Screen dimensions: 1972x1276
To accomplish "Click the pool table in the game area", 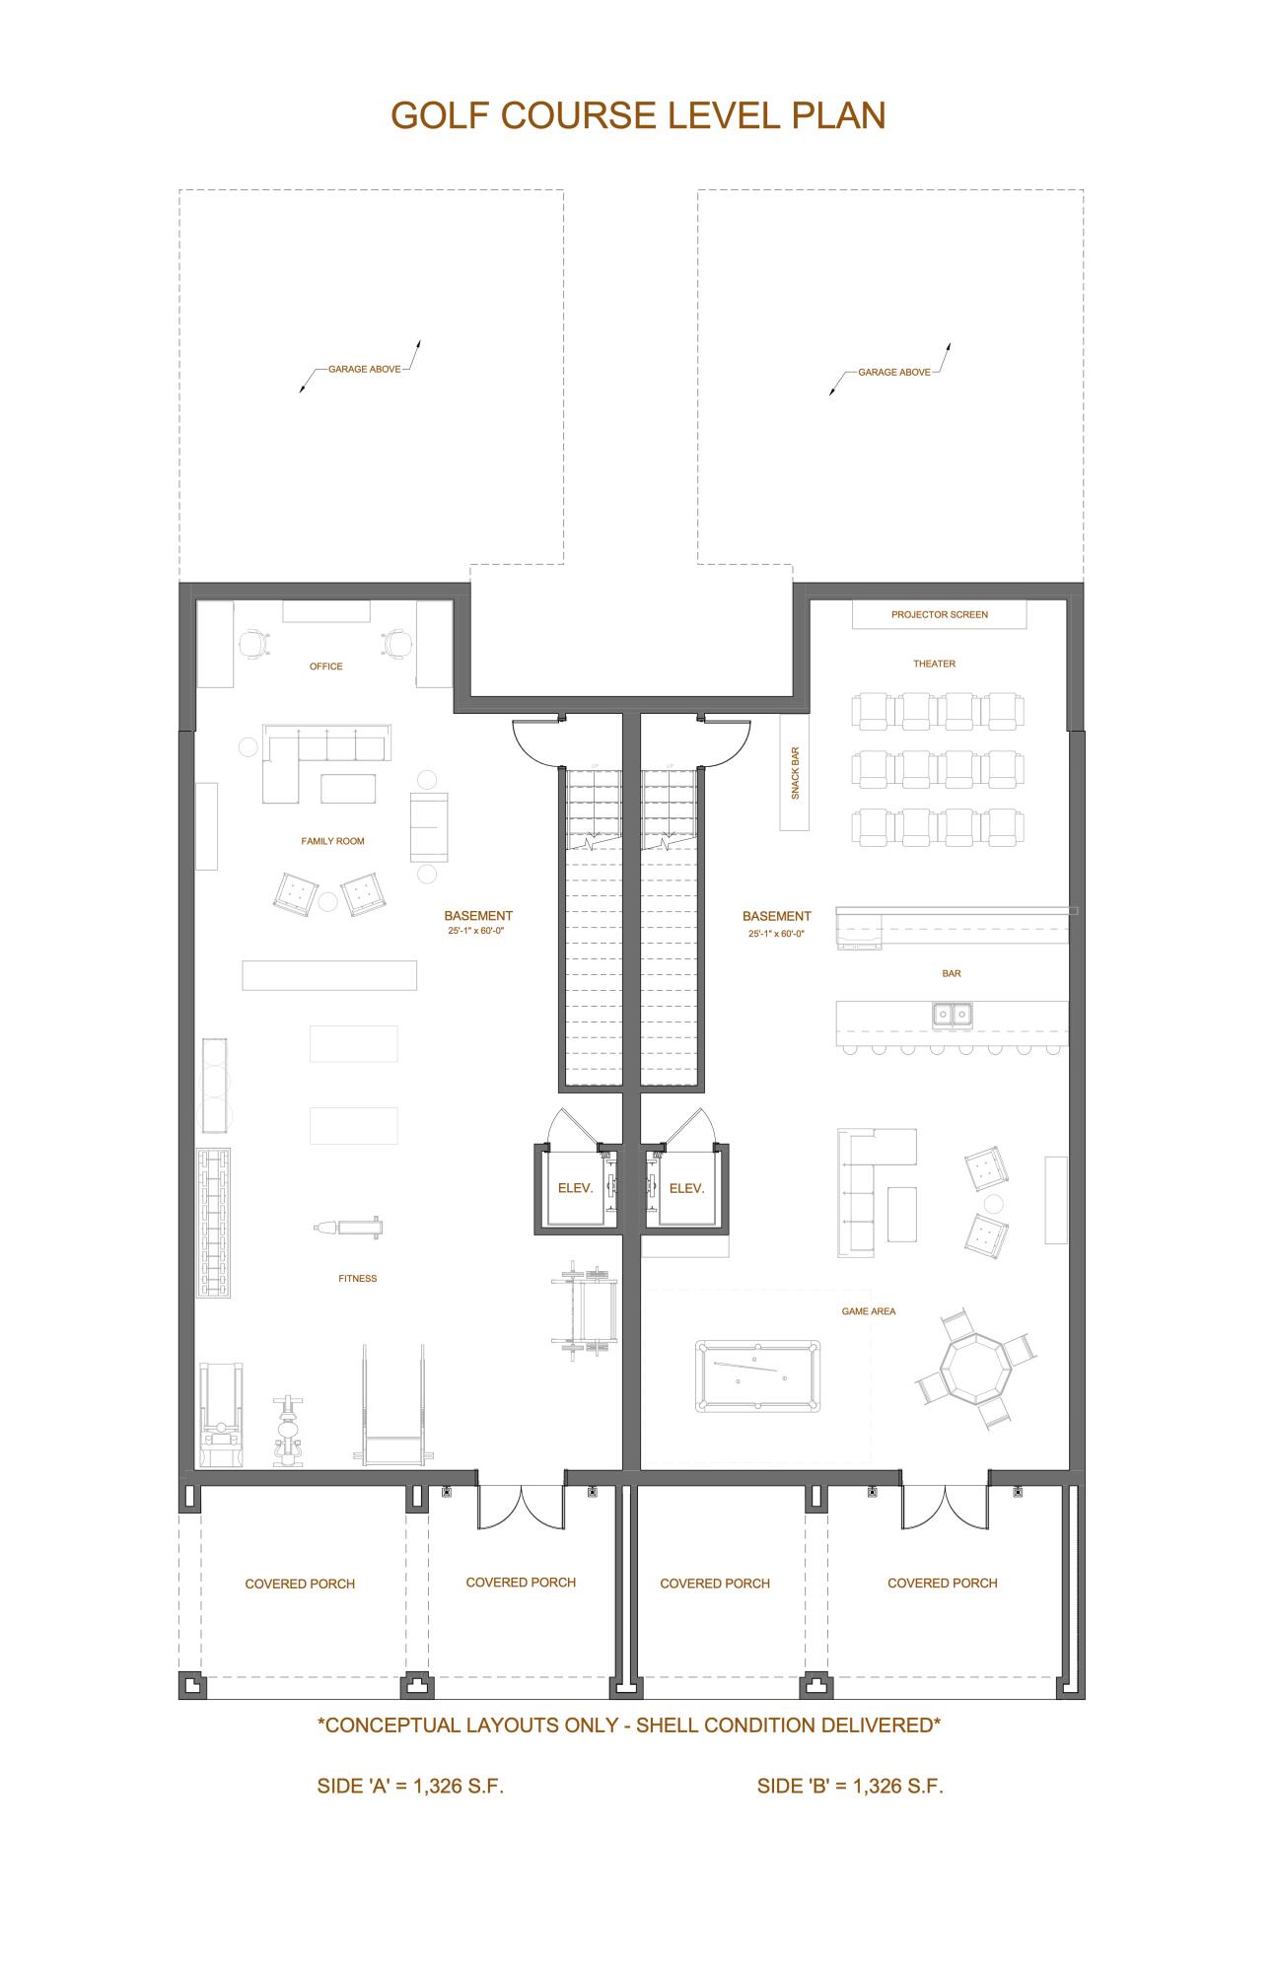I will point(757,1375).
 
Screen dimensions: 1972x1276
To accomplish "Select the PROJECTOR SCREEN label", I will point(939,614).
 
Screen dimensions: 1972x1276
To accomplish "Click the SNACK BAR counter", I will point(795,772).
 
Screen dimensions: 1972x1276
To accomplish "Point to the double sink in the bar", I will point(952,1014).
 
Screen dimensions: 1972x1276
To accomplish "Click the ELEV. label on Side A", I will point(575,1188).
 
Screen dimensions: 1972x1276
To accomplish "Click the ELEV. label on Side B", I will point(686,1188).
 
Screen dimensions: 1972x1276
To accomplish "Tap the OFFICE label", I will point(326,667).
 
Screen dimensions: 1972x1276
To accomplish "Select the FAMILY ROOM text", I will point(332,841).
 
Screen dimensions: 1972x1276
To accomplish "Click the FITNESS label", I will point(357,1278).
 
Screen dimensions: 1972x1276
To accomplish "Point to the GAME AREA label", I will point(869,1311).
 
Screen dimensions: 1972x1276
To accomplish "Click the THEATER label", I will point(934,664).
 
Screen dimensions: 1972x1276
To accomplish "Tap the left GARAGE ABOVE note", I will point(364,369).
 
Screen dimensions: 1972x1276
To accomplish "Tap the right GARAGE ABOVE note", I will point(893,372).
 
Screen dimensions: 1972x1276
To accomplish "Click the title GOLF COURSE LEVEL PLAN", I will point(638,115).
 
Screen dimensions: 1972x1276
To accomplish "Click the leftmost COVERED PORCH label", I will point(300,1584).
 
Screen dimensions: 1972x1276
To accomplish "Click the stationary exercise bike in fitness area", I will point(288,1432).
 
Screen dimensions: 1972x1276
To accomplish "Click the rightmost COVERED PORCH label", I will point(942,1583).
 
